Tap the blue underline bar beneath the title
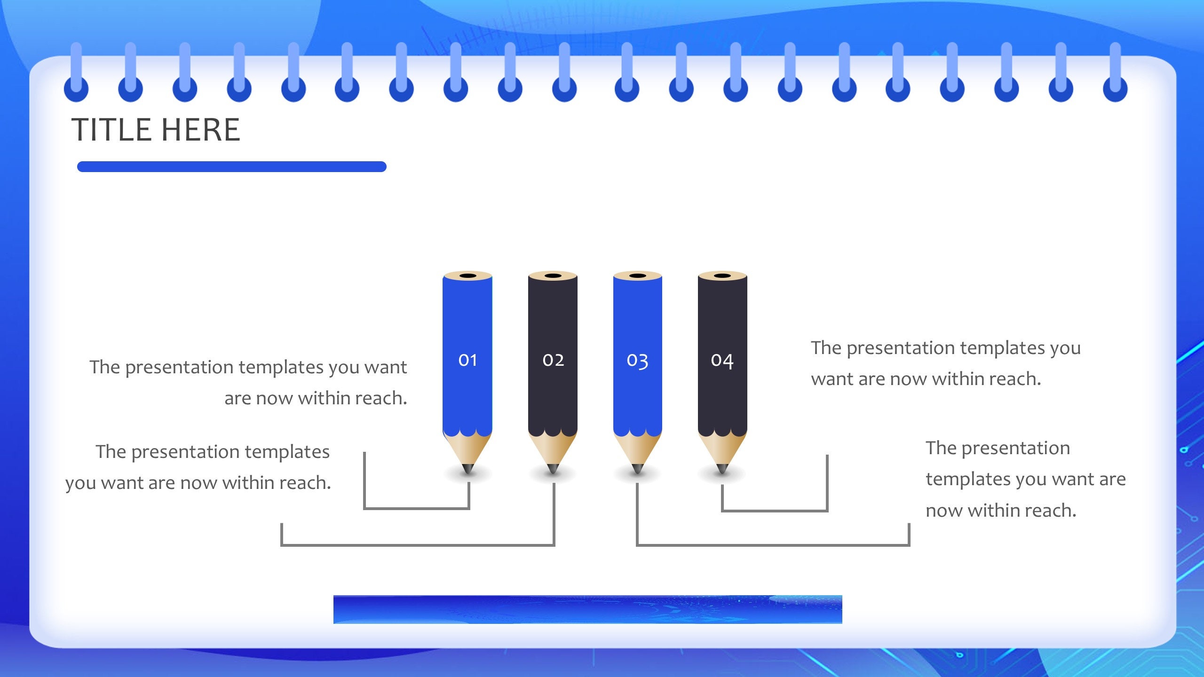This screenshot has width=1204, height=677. (231, 166)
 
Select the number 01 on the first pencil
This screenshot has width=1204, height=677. (467, 360)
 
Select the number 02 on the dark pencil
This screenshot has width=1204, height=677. (553, 360)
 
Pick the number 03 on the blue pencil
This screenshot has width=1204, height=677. (637, 361)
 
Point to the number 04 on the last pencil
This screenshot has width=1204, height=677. (722, 361)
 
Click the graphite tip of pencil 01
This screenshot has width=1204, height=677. (468, 469)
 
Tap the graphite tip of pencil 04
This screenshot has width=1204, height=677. (722, 469)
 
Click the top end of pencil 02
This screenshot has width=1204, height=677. (553, 276)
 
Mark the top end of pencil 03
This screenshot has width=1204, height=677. (637, 276)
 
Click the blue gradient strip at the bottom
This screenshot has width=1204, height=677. (587, 609)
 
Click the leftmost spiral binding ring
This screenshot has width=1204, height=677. (76, 87)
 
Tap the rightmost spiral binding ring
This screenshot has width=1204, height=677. (1115, 87)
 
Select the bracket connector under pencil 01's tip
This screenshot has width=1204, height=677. (417, 508)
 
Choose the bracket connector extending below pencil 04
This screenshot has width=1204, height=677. (774, 510)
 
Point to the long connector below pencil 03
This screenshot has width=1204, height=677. (773, 545)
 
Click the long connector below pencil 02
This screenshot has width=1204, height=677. (418, 545)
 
